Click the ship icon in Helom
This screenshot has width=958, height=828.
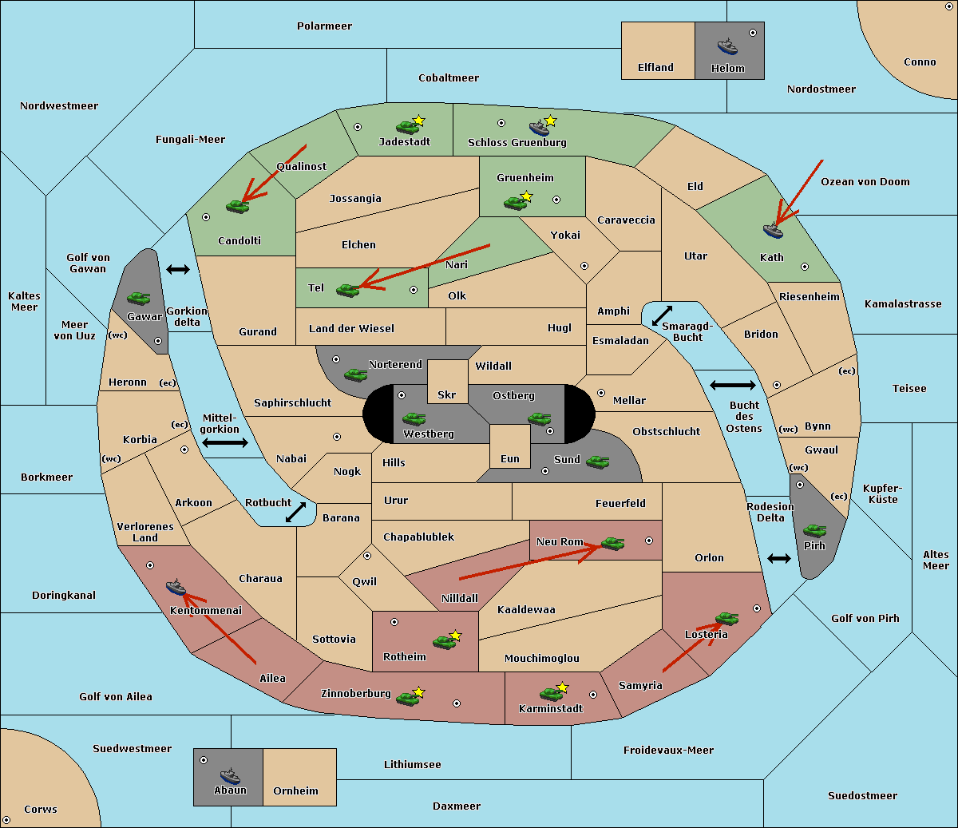[x=727, y=46]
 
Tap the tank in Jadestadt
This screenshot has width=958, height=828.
[x=407, y=127]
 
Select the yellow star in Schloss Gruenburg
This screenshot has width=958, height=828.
[x=550, y=121]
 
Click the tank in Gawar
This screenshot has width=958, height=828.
[x=139, y=298]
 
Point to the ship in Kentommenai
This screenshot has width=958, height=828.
[x=176, y=587]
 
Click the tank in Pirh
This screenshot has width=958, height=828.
[x=814, y=530]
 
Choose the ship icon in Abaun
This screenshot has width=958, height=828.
[x=231, y=775]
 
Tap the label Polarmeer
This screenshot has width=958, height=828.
[x=324, y=26]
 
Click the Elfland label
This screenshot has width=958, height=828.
[x=655, y=68]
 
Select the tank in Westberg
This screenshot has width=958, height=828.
[x=414, y=418]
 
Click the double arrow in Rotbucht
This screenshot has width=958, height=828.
[x=295, y=512]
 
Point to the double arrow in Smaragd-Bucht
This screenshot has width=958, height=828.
[x=662, y=315]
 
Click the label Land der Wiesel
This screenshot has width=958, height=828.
[x=351, y=329]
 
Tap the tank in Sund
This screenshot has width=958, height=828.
[x=597, y=462]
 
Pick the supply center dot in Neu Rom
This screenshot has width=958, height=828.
[x=649, y=541]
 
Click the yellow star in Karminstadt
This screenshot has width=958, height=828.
[x=562, y=687]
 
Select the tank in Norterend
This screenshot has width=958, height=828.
[x=355, y=374]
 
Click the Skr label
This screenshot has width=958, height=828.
[x=447, y=395]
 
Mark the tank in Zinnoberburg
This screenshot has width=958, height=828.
[x=407, y=699]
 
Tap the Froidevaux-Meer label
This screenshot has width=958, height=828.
[x=668, y=750]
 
